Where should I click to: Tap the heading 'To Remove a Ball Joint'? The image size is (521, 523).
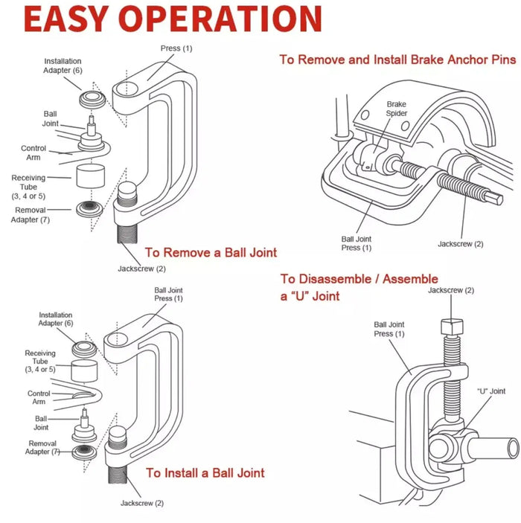tap(211, 253)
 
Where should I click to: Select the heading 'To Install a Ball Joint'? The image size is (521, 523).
tap(205, 472)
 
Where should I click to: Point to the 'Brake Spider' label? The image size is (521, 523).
tap(396, 109)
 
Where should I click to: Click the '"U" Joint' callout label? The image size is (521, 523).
tap(490, 391)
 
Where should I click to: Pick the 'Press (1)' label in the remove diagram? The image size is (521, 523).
tap(176, 48)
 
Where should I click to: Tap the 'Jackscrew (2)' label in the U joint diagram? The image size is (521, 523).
tap(451, 290)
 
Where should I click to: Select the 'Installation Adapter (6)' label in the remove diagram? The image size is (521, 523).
tap(63, 65)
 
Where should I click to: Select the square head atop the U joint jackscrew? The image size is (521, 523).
tap(451, 326)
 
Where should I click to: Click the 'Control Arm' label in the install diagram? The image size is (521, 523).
tap(39, 397)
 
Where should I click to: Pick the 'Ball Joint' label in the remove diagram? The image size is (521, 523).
tap(50, 119)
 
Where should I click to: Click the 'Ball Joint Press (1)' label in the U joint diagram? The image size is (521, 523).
tap(389, 330)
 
